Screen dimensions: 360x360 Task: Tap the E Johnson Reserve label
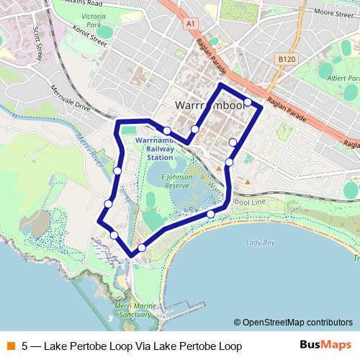[176, 180]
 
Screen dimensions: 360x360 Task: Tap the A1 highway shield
[190, 23]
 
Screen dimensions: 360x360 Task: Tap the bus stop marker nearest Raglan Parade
[248, 102]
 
